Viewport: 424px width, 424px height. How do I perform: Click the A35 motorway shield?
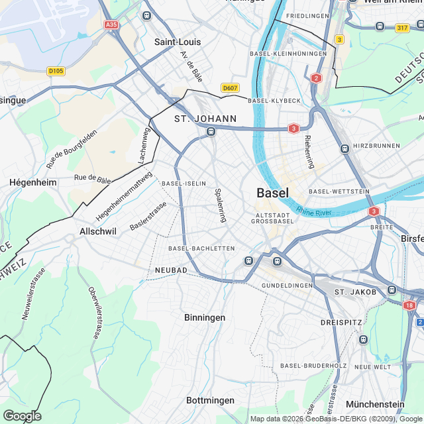[111, 25]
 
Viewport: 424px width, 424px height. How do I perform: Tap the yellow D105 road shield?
[56, 71]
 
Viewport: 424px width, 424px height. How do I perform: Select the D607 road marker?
[230, 87]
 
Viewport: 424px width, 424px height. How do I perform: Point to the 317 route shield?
[401, 27]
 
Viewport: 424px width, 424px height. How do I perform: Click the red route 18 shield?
[408, 305]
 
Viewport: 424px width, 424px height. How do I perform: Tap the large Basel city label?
[272, 193]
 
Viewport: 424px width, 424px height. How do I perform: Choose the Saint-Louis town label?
[178, 42]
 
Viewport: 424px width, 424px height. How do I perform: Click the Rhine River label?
[314, 212]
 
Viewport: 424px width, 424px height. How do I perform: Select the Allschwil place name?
[98, 231]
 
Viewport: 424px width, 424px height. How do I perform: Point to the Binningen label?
[205, 317]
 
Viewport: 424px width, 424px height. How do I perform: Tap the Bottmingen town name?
[210, 400]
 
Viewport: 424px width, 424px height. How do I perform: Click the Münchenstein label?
[374, 404]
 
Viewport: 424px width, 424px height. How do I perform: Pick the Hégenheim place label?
[32, 182]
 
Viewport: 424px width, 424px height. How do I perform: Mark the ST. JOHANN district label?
[205, 119]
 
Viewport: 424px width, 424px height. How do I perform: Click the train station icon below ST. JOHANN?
[211, 132]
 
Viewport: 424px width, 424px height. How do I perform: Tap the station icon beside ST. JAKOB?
[392, 290]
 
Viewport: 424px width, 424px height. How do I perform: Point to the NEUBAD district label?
[171, 271]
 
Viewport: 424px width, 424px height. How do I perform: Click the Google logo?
[22, 415]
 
